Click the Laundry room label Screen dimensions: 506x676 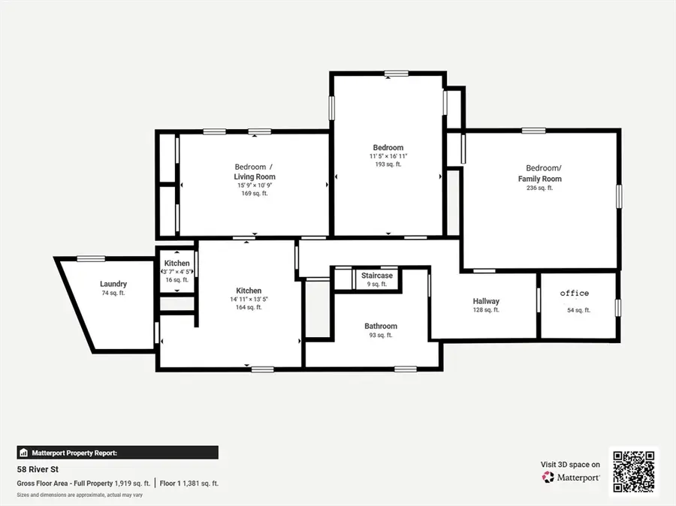(x=113, y=284)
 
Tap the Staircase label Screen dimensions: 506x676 (x=377, y=276)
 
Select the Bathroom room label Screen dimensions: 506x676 (x=381, y=326)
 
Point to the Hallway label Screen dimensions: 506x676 (x=486, y=301)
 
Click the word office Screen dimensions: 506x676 (x=575, y=293)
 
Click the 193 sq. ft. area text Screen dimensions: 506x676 (x=388, y=164)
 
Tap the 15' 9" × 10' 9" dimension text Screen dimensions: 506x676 (x=255, y=185)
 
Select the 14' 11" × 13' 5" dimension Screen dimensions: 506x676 (x=249, y=299)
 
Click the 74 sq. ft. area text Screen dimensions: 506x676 (x=113, y=293)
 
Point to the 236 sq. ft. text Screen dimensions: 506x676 (x=540, y=188)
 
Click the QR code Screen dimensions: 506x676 (x=634, y=471)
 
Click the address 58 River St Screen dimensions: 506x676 (x=38, y=470)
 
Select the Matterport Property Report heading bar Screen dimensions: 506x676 (x=118, y=453)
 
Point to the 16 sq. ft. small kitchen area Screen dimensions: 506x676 (x=177, y=279)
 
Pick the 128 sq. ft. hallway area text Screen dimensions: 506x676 (x=486, y=310)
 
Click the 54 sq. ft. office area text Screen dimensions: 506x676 (x=578, y=310)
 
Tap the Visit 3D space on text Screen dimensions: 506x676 (x=570, y=465)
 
